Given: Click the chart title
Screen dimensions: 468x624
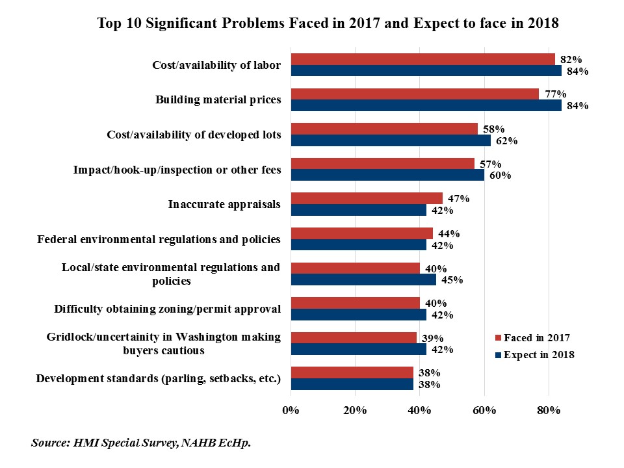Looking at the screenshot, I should click(328, 23).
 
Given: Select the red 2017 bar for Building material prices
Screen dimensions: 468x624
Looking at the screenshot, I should click(415, 94).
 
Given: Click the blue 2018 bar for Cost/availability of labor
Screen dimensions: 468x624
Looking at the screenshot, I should click(426, 71).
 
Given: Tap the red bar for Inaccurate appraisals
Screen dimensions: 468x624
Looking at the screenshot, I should click(367, 198).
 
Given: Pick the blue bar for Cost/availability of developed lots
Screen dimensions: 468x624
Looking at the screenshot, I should click(391, 140).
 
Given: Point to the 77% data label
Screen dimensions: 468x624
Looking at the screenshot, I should click(556, 94).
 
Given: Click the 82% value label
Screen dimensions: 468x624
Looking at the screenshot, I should click(572, 59).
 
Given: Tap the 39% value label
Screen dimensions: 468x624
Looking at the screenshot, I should click(432, 338).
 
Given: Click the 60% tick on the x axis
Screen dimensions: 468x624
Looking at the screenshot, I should click(484, 411).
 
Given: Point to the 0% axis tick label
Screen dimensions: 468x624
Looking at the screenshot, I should click(291, 411).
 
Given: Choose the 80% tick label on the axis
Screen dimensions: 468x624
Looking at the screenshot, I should click(549, 411).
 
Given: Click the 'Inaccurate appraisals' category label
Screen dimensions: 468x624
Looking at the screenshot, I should click(224, 205).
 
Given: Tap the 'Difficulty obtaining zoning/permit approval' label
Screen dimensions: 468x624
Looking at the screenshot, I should click(167, 309).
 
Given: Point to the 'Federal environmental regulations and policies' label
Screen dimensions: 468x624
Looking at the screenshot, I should click(159, 239).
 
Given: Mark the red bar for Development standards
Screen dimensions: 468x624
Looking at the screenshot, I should click(352, 372).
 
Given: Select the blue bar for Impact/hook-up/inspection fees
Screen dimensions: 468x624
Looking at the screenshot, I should click(387, 175).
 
